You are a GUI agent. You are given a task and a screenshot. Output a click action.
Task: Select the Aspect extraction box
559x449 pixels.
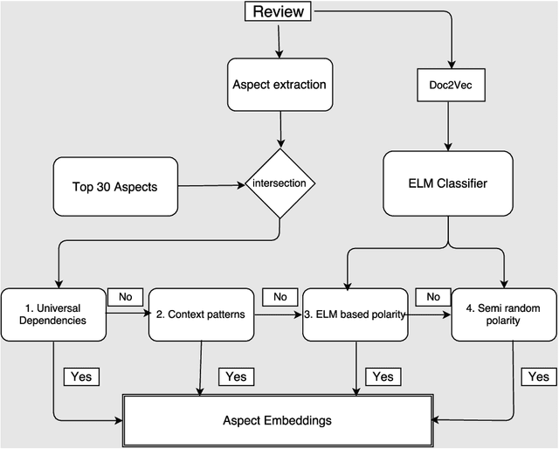pyautogui.click(x=279, y=84)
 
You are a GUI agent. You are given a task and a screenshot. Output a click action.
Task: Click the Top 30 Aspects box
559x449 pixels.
pyautogui.click(x=115, y=186)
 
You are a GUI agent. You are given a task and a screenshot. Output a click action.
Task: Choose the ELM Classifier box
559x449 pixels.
pyautogui.click(x=448, y=184)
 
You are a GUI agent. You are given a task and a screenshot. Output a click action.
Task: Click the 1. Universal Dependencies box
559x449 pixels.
pyautogui.click(x=53, y=314)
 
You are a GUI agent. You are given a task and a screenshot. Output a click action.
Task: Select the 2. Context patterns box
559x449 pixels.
pyautogui.click(x=202, y=314)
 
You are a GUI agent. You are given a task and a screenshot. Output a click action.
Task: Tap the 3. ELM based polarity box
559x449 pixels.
pyautogui.click(x=355, y=314)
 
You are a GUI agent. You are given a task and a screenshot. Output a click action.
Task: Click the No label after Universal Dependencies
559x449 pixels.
pyautogui.click(x=125, y=296)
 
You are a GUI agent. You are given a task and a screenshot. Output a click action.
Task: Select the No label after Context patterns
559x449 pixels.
pyautogui.click(x=279, y=296)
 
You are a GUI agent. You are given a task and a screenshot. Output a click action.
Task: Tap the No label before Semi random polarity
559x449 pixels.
pyautogui.click(x=432, y=296)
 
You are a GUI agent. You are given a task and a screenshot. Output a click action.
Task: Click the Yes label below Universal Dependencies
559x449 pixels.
pyautogui.click(x=82, y=376)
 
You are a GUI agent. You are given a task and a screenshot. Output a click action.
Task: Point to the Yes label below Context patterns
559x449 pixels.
pyautogui.click(x=236, y=376)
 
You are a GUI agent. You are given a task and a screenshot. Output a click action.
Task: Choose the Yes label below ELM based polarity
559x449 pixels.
pyautogui.click(x=383, y=376)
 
